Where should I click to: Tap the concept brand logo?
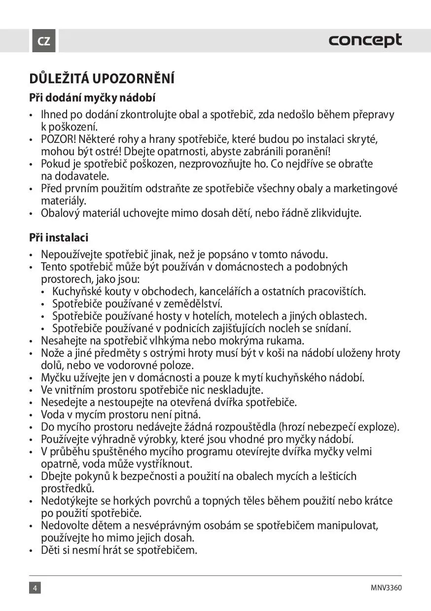tap(365, 40)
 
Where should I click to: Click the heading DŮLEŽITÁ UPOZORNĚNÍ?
tap(102, 79)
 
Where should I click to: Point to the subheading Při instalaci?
tap(59, 238)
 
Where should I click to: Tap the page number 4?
tap(35, 588)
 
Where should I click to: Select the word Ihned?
tap(54, 115)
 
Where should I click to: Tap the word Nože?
tap(52, 353)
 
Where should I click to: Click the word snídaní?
tap(332, 328)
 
